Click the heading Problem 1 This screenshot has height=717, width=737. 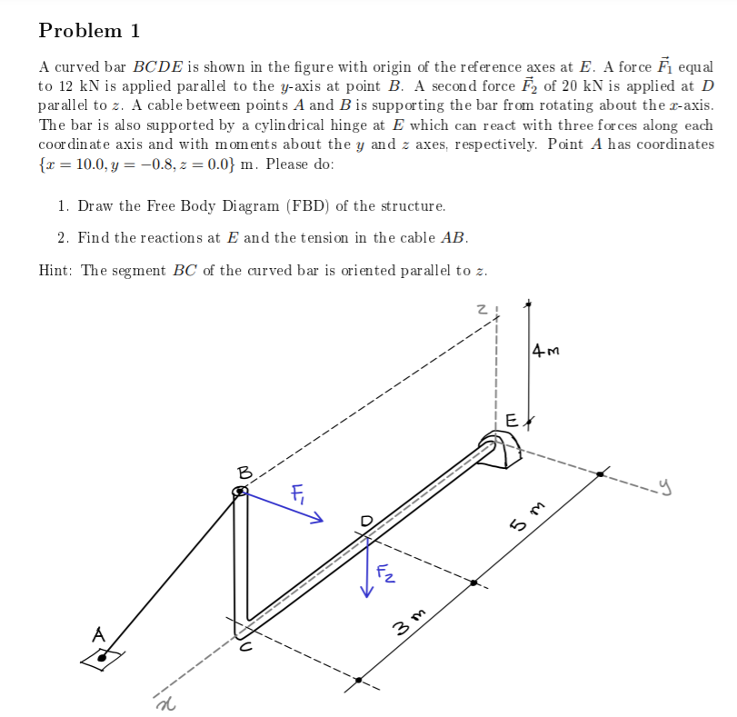pyautogui.click(x=89, y=31)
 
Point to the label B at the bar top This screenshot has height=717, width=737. pyautogui.click(x=243, y=472)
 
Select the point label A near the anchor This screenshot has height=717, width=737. pyautogui.click(x=97, y=632)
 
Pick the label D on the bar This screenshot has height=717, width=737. pyautogui.click(x=367, y=521)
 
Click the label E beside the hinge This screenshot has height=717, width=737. pyautogui.click(x=511, y=421)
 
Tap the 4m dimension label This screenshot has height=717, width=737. pyautogui.click(x=547, y=349)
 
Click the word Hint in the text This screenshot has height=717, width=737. pyautogui.click(x=56, y=270)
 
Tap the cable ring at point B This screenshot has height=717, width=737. pyautogui.click(x=240, y=492)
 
